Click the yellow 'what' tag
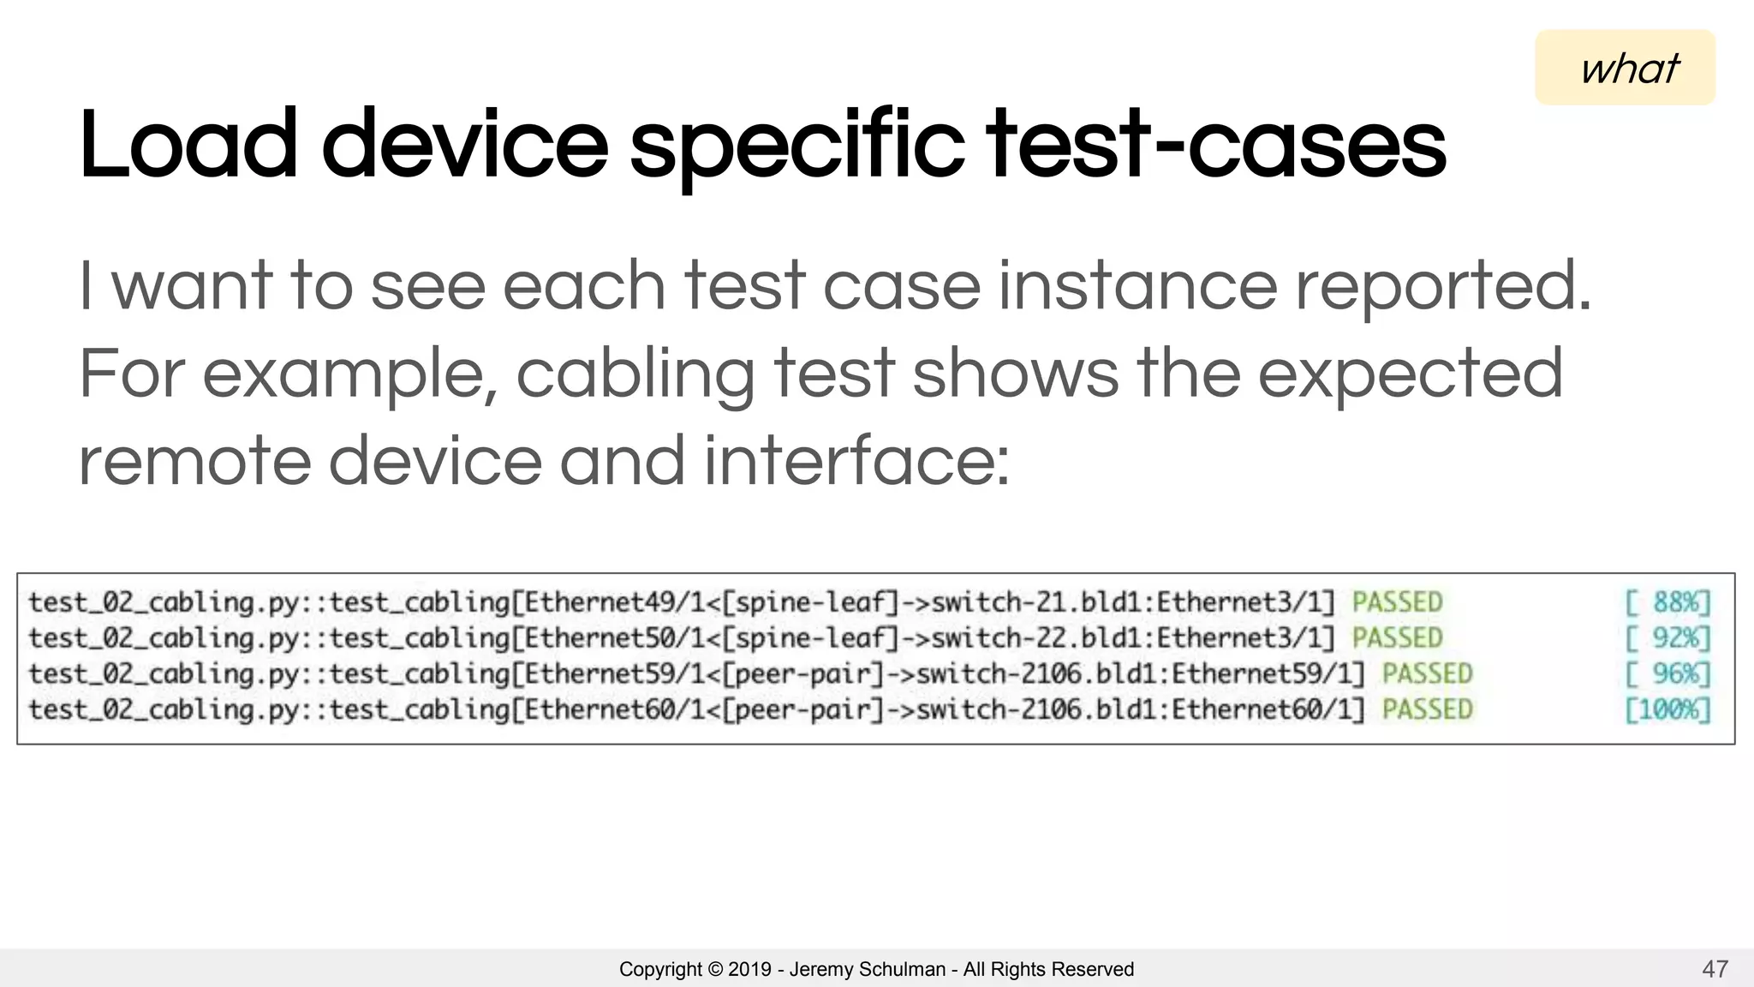tap(1626, 68)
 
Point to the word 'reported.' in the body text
tap(1443, 286)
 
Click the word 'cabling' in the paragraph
tap(635, 374)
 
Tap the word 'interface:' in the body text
tap(856, 462)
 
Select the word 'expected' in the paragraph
tap(1410, 374)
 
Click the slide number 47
tap(1715, 969)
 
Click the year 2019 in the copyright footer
tap(749, 969)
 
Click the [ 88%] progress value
tap(1667, 602)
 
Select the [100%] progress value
tap(1667, 709)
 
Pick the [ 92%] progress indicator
tap(1667, 638)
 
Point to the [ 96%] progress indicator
tap(1667, 674)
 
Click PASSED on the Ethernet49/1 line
tap(1397, 602)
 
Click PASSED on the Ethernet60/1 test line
tap(1427, 709)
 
